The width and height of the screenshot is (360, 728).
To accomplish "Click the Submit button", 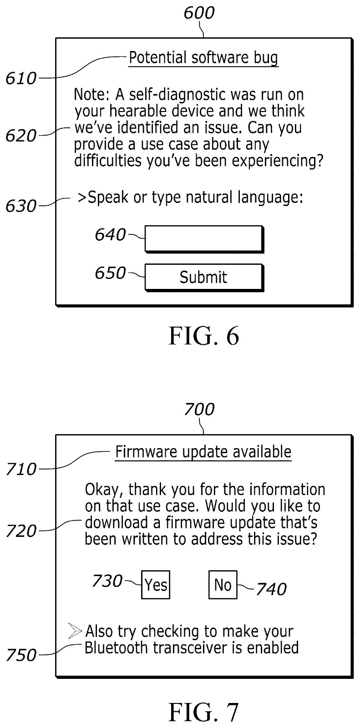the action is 204,278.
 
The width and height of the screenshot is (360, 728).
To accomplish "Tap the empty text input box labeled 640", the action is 204,239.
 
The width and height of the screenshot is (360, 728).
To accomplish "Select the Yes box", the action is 156,585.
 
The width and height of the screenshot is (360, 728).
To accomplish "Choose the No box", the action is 223,585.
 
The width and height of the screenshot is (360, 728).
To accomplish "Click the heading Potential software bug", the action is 203,58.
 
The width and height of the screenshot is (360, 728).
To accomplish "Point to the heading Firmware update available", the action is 203,452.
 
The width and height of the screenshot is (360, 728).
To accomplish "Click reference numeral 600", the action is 199,13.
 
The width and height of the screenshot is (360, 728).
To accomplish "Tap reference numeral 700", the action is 199,409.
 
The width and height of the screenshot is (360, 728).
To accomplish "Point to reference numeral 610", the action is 21,79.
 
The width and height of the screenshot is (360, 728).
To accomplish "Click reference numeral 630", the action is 21,206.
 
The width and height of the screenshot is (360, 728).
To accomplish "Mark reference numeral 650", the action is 110,273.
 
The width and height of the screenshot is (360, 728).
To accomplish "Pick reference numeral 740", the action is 271,589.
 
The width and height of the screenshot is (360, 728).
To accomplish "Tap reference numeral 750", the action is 21,655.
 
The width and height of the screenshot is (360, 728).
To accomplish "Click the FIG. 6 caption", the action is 204,336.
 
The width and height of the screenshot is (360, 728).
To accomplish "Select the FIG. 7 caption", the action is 204,712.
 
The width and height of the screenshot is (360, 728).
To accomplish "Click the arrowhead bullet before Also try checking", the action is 75,631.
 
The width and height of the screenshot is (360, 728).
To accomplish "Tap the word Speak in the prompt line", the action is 108,198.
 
